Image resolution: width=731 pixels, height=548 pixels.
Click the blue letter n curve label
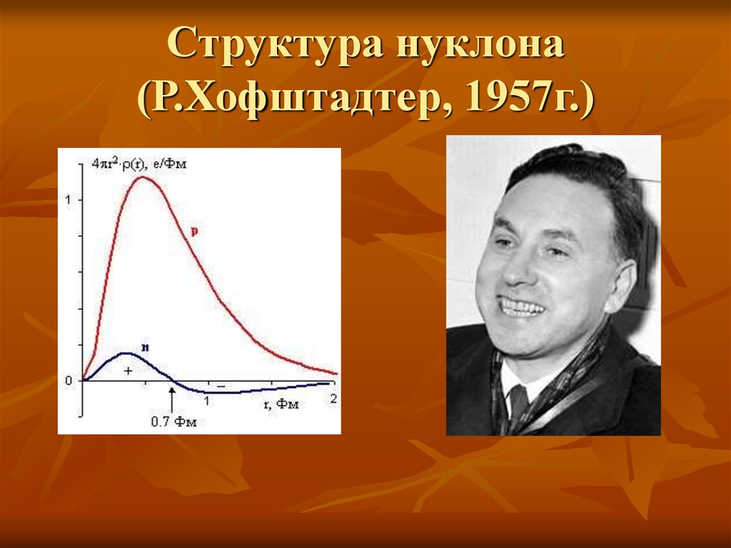click(144, 347)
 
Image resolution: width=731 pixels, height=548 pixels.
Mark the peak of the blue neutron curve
click(127, 353)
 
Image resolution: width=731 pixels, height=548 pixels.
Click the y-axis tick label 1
click(68, 199)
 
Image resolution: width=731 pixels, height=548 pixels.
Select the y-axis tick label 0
click(68, 381)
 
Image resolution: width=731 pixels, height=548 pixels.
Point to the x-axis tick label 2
click(333, 401)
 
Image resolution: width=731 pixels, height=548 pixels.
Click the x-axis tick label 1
click(207, 401)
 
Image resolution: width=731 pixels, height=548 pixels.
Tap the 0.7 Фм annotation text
click(173, 422)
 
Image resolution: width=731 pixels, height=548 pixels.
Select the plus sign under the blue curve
click(128, 371)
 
